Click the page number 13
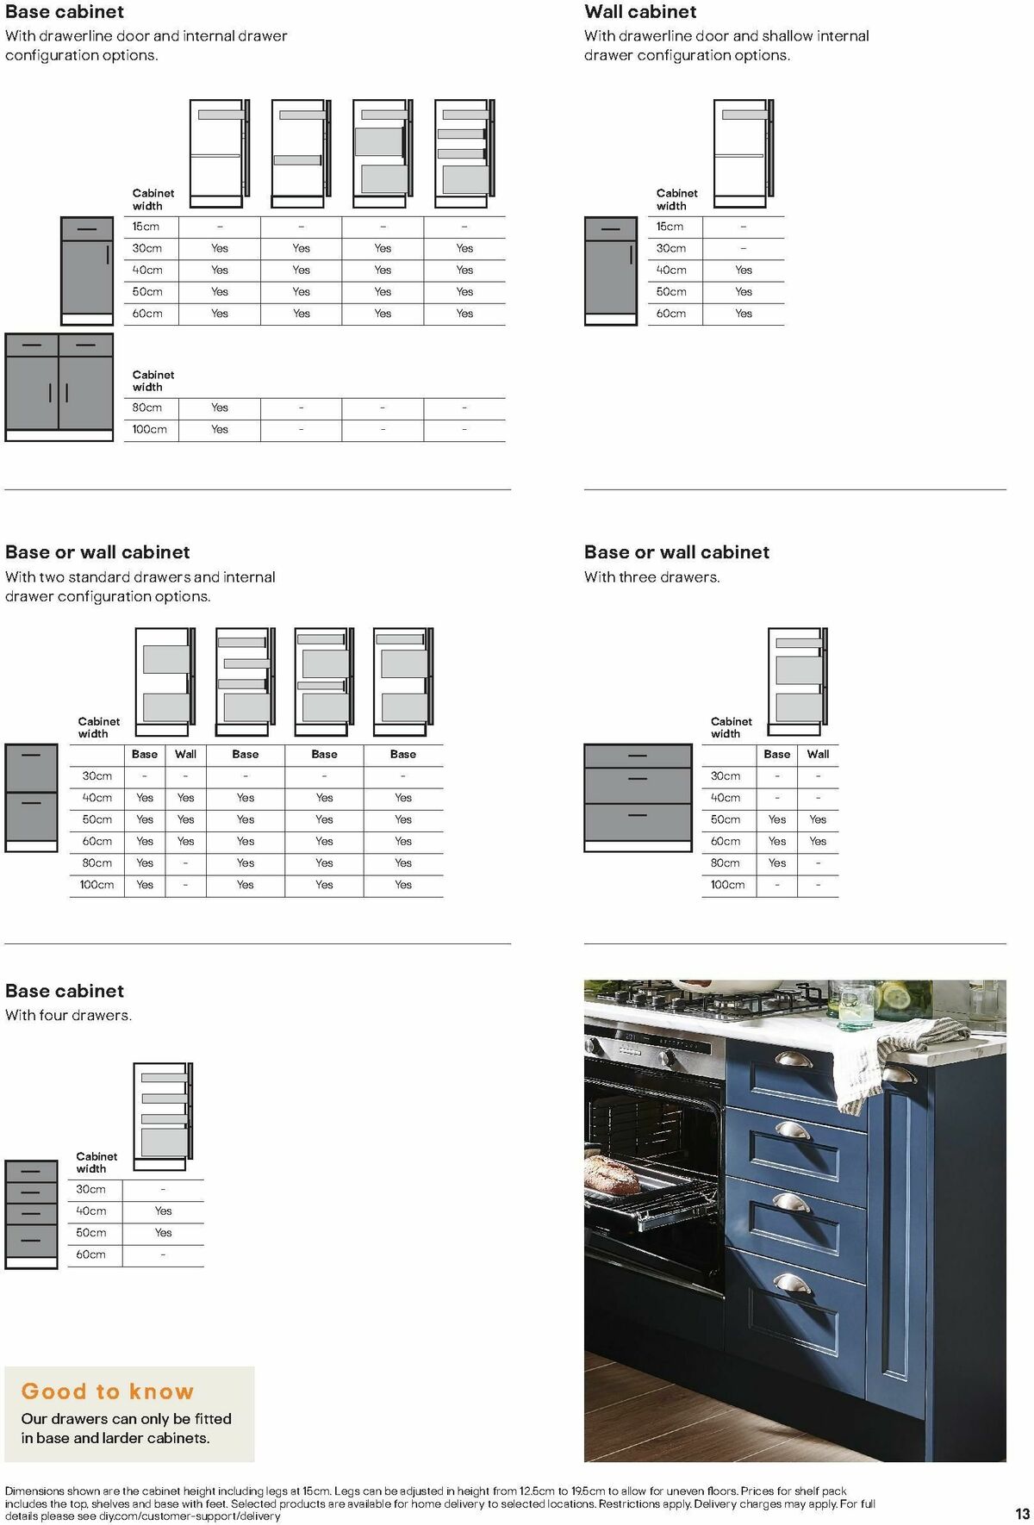pyautogui.click(x=1022, y=1514)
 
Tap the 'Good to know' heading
pyautogui.click(x=108, y=1391)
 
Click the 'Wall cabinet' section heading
pyautogui.click(x=640, y=12)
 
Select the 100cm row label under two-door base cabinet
pyautogui.click(x=149, y=429)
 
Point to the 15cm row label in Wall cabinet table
pyautogui.click(x=670, y=227)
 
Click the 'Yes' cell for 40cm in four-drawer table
pyautogui.click(x=163, y=1211)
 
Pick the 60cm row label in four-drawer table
pyautogui.click(x=90, y=1254)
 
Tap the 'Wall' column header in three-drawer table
pyautogui.click(x=818, y=754)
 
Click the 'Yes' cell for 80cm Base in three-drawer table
pyautogui.click(x=777, y=862)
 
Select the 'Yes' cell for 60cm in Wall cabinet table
pyautogui.click(x=744, y=314)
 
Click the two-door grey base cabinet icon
pyautogui.click(x=59, y=387)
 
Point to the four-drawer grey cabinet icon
pyautogui.click(x=31, y=1214)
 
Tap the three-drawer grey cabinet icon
pyautogui.click(x=638, y=797)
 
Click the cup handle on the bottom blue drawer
pyautogui.click(x=791, y=1283)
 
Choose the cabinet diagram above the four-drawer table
pyautogui.click(x=163, y=1115)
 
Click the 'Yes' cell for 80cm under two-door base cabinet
pyautogui.click(x=220, y=408)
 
